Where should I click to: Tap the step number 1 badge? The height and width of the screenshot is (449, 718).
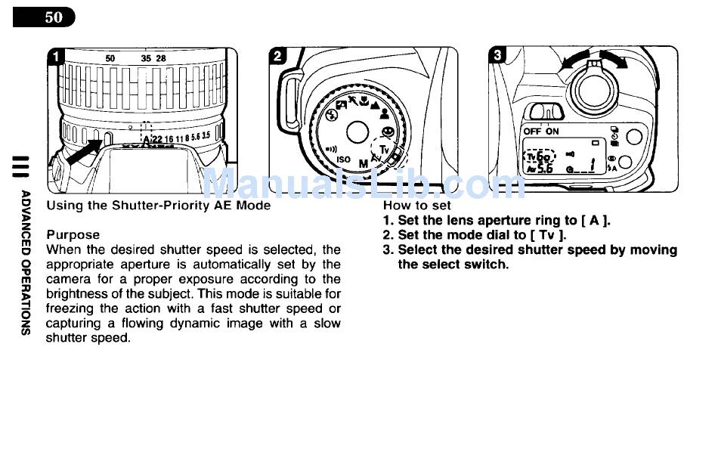(57, 57)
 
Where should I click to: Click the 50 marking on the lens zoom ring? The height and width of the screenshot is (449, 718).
(110, 58)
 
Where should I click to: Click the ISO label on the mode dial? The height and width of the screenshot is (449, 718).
(343, 159)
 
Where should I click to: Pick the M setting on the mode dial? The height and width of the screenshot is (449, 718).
(364, 163)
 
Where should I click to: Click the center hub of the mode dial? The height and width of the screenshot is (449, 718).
(357, 132)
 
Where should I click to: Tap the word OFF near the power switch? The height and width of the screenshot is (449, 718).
(532, 132)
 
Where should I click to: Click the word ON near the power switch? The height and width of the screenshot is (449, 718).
(552, 132)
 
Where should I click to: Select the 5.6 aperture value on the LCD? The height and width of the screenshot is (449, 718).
(545, 169)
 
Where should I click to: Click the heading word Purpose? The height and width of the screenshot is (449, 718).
(73, 235)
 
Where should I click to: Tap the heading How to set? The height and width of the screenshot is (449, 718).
(416, 206)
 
